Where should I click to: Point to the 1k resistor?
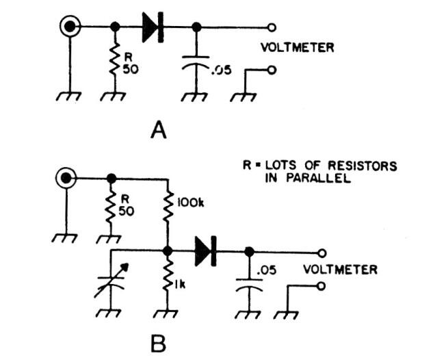pos(168,281)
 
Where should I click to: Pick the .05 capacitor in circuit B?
pos(248,287)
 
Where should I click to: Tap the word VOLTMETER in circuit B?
pos(341,270)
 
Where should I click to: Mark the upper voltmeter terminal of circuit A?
pos(272,27)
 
